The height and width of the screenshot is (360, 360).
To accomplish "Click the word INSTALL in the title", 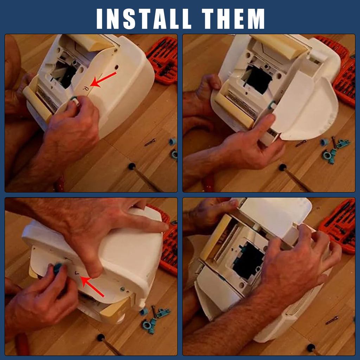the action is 144,19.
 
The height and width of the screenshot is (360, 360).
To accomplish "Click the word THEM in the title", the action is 233,19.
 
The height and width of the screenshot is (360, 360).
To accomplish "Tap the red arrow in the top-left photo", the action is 103,79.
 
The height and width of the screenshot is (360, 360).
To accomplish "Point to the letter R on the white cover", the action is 85,88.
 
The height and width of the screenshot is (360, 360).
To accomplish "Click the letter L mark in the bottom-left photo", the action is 77,273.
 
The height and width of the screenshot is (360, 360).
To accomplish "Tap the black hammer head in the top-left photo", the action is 132,166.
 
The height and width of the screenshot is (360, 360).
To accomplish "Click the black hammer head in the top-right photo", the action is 283,167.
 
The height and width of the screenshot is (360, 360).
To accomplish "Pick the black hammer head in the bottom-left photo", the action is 101,338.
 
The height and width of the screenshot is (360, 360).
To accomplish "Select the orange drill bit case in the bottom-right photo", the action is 339,226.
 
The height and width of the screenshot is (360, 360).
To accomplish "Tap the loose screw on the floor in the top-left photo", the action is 150,142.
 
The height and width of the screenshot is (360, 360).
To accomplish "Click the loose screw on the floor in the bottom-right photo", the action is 332,320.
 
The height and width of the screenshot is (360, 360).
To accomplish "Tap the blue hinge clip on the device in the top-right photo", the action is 272,105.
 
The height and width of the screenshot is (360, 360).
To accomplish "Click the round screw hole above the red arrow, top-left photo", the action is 116,67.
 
